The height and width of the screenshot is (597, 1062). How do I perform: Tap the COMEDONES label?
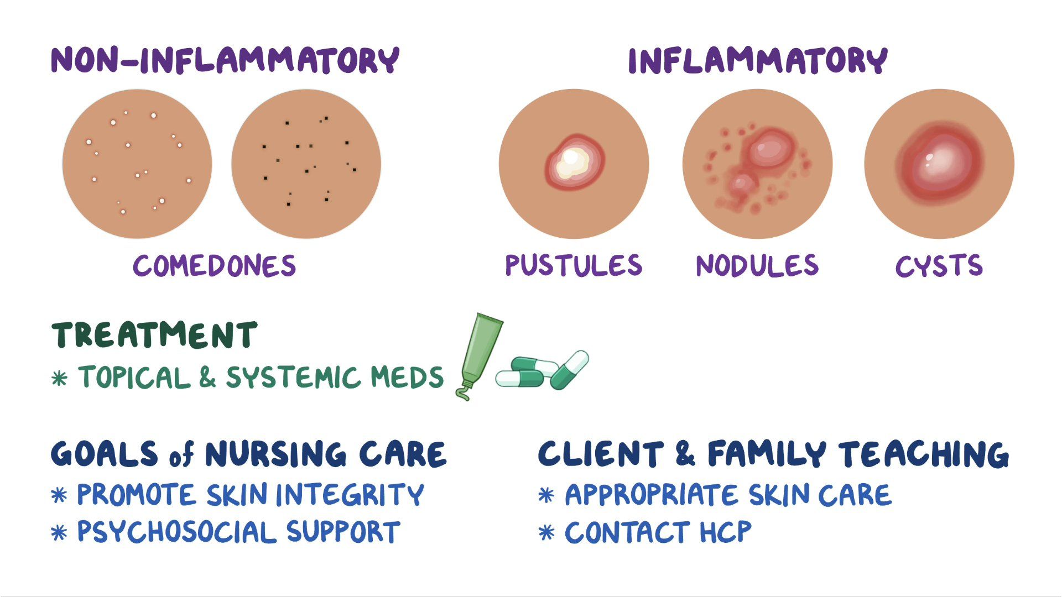coord(215,266)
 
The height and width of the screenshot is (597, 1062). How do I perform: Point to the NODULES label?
coord(757,266)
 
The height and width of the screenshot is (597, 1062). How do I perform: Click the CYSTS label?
coord(939,266)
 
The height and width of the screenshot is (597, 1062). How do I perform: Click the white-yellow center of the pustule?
coord(570,161)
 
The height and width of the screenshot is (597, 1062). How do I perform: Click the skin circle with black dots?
coord(306,164)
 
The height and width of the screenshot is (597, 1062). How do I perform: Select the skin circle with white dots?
coord(137,164)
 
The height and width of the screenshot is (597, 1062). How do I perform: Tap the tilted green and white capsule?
coord(569,369)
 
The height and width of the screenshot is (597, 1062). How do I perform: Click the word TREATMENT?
coord(154,335)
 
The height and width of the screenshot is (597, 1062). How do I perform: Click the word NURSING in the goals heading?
coord(275,454)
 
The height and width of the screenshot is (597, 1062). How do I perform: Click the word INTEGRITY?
coord(350,494)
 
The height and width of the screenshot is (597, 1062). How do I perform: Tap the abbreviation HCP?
coord(725,532)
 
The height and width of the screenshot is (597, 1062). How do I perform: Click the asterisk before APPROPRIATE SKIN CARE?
coord(546,495)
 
